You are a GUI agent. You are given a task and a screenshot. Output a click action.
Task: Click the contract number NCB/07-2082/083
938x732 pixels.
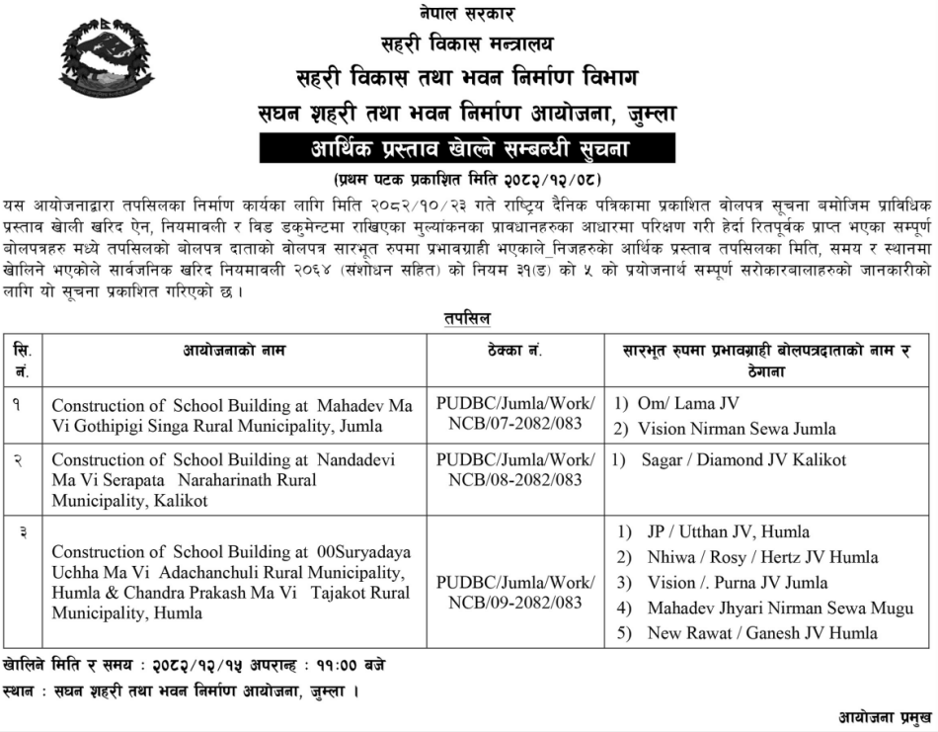(515, 424)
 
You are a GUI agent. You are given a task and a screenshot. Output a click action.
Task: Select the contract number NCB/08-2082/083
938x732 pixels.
(515, 480)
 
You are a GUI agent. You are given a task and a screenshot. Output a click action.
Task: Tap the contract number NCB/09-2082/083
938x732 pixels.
(515, 602)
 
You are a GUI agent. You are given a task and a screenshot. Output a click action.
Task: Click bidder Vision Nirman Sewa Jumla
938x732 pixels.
(736, 429)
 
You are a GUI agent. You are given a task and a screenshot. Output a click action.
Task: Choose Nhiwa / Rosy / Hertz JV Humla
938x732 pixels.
(761, 556)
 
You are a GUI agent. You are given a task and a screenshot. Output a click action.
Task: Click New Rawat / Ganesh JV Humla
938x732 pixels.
(761, 633)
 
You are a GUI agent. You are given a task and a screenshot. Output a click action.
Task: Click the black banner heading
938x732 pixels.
(468, 149)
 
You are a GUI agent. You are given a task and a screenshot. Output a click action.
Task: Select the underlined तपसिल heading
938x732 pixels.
(467, 318)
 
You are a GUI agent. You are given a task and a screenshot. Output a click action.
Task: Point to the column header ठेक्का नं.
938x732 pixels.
(514, 351)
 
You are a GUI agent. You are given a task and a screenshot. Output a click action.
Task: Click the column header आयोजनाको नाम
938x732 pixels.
(233, 351)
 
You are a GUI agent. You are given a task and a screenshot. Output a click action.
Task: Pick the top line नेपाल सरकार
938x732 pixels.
(468, 14)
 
